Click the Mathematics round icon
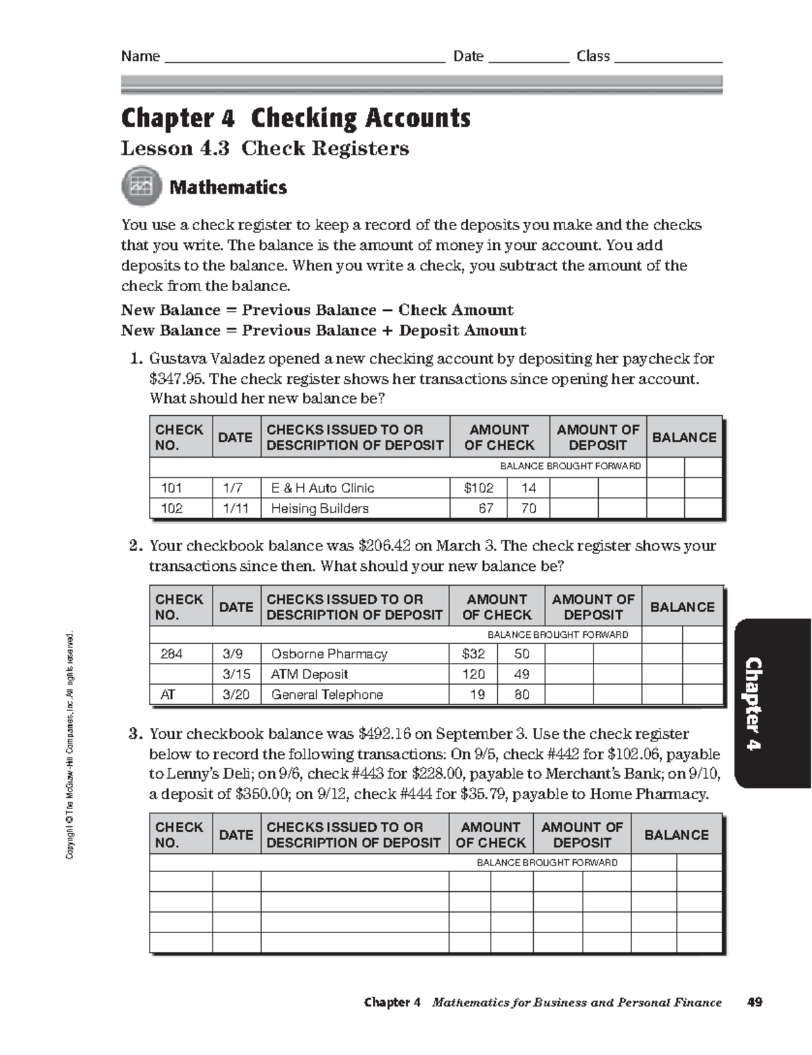(x=141, y=187)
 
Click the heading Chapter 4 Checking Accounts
(x=296, y=119)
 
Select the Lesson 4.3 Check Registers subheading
(x=265, y=148)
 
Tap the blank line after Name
(x=304, y=58)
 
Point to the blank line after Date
(x=528, y=58)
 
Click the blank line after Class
(x=668, y=58)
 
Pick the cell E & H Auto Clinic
(x=323, y=488)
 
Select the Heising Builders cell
(x=319, y=509)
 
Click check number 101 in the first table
(x=171, y=488)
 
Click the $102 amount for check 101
(x=478, y=488)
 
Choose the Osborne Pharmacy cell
(x=329, y=654)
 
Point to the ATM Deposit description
(x=309, y=674)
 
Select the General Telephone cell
(x=327, y=695)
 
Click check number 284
(x=171, y=654)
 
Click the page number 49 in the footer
(x=754, y=1002)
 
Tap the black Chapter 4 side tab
(x=773, y=703)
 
